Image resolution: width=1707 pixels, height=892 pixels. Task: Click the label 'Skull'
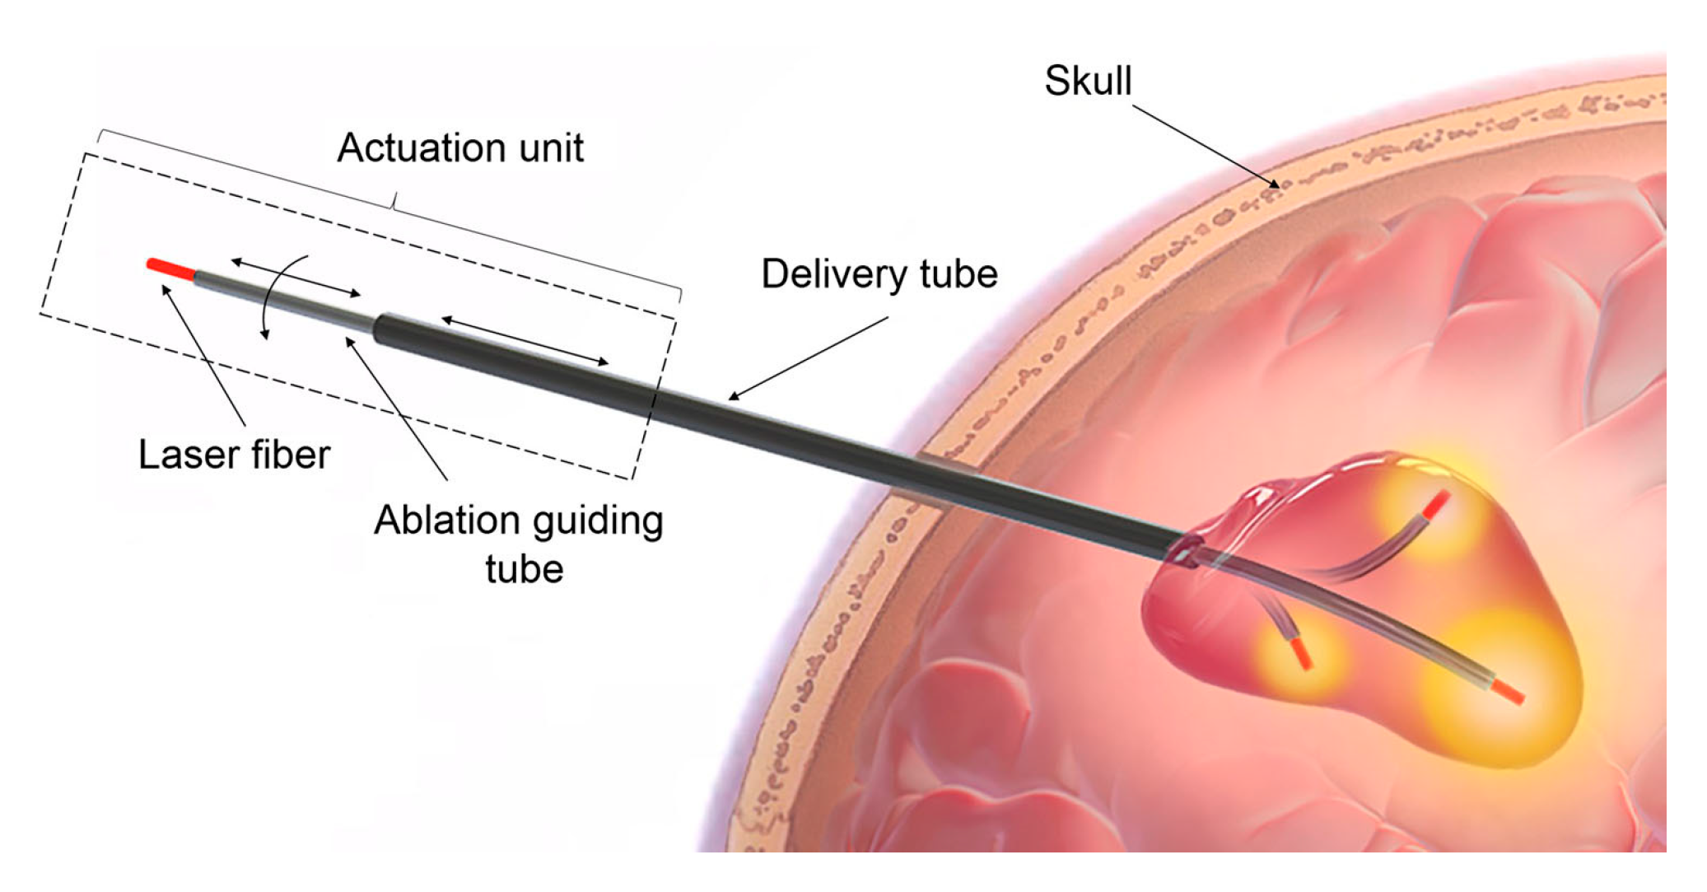1087,81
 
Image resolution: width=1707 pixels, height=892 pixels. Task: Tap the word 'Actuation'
415,148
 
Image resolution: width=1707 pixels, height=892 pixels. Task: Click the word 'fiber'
287,455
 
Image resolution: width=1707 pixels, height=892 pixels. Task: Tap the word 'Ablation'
445,521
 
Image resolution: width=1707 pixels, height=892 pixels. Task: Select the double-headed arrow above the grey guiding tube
296,278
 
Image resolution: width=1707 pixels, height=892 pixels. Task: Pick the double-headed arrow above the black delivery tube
525,340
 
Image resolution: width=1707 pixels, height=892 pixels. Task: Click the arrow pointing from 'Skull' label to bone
1206,147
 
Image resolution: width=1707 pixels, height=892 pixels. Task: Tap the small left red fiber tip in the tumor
1301,652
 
